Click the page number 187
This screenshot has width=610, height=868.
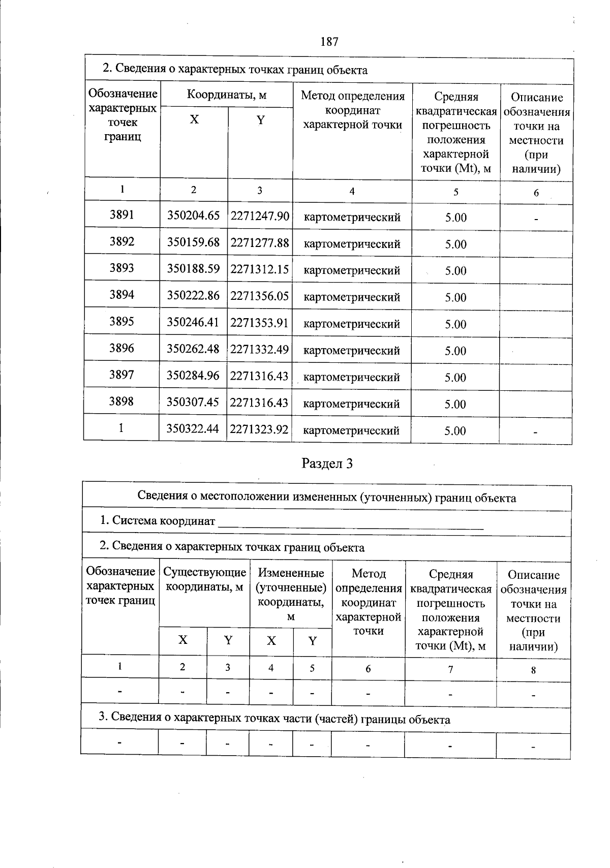(x=329, y=42)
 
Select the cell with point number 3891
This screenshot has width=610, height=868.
(x=122, y=215)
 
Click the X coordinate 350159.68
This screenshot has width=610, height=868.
(x=194, y=242)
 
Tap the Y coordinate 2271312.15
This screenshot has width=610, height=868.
(x=260, y=269)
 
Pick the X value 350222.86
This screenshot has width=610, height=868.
(x=194, y=295)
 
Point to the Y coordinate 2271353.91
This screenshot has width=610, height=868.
(x=260, y=322)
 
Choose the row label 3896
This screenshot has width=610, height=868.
(x=122, y=349)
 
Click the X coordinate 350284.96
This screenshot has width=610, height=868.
(x=194, y=376)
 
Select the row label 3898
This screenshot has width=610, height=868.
(x=122, y=402)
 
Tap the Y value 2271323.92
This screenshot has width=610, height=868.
(x=260, y=429)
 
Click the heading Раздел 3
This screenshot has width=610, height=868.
(x=327, y=463)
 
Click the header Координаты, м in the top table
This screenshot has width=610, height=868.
(x=227, y=95)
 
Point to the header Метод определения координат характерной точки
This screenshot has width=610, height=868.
(x=352, y=110)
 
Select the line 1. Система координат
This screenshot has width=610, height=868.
(x=158, y=521)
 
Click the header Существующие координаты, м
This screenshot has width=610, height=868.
(x=204, y=579)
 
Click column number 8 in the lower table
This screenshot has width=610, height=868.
(x=533, y=670)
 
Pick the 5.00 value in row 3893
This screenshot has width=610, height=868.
(x=455, y=271)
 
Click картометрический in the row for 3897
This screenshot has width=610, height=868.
(x=352, y=378)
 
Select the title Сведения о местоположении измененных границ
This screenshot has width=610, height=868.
(x=326, y=498)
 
